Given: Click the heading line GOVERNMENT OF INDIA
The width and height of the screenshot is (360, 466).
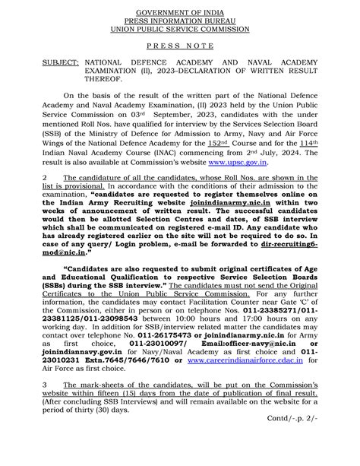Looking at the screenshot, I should (180, 13).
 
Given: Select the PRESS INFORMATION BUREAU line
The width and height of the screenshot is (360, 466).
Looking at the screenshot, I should (180, 21).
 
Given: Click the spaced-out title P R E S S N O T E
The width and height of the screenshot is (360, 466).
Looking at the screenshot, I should (180, 47).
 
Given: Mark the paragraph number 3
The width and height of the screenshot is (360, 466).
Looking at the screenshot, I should (45, 407).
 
